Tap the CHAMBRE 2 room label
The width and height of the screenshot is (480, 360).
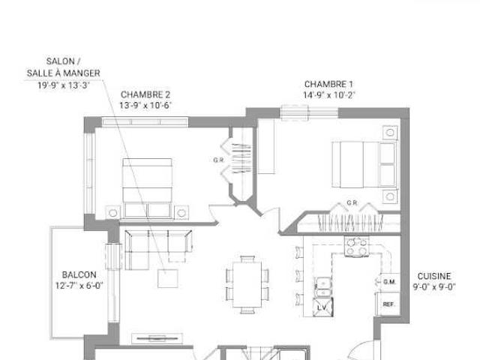click(x=145, y=94)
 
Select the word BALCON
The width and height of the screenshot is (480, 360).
click(x=79, y=274)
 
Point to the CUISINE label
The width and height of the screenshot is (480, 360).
click(x=434, y=276)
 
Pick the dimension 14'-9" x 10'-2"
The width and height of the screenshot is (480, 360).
click(x=329, y=95)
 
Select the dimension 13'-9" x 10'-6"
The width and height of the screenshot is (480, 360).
click(x=145, y=106)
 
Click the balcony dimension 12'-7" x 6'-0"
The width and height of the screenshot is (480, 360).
click(x=79, y=286)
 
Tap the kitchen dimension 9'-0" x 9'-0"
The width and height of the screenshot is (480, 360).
click(x=434, y=286)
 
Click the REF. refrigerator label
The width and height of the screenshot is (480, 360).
click(x=388, y=304)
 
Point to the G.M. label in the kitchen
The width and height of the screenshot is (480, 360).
click(x=388, y=282)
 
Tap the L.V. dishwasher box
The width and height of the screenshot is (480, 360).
click(x=322, y=307)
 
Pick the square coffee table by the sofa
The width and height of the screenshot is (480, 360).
click(x=168, y=277)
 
